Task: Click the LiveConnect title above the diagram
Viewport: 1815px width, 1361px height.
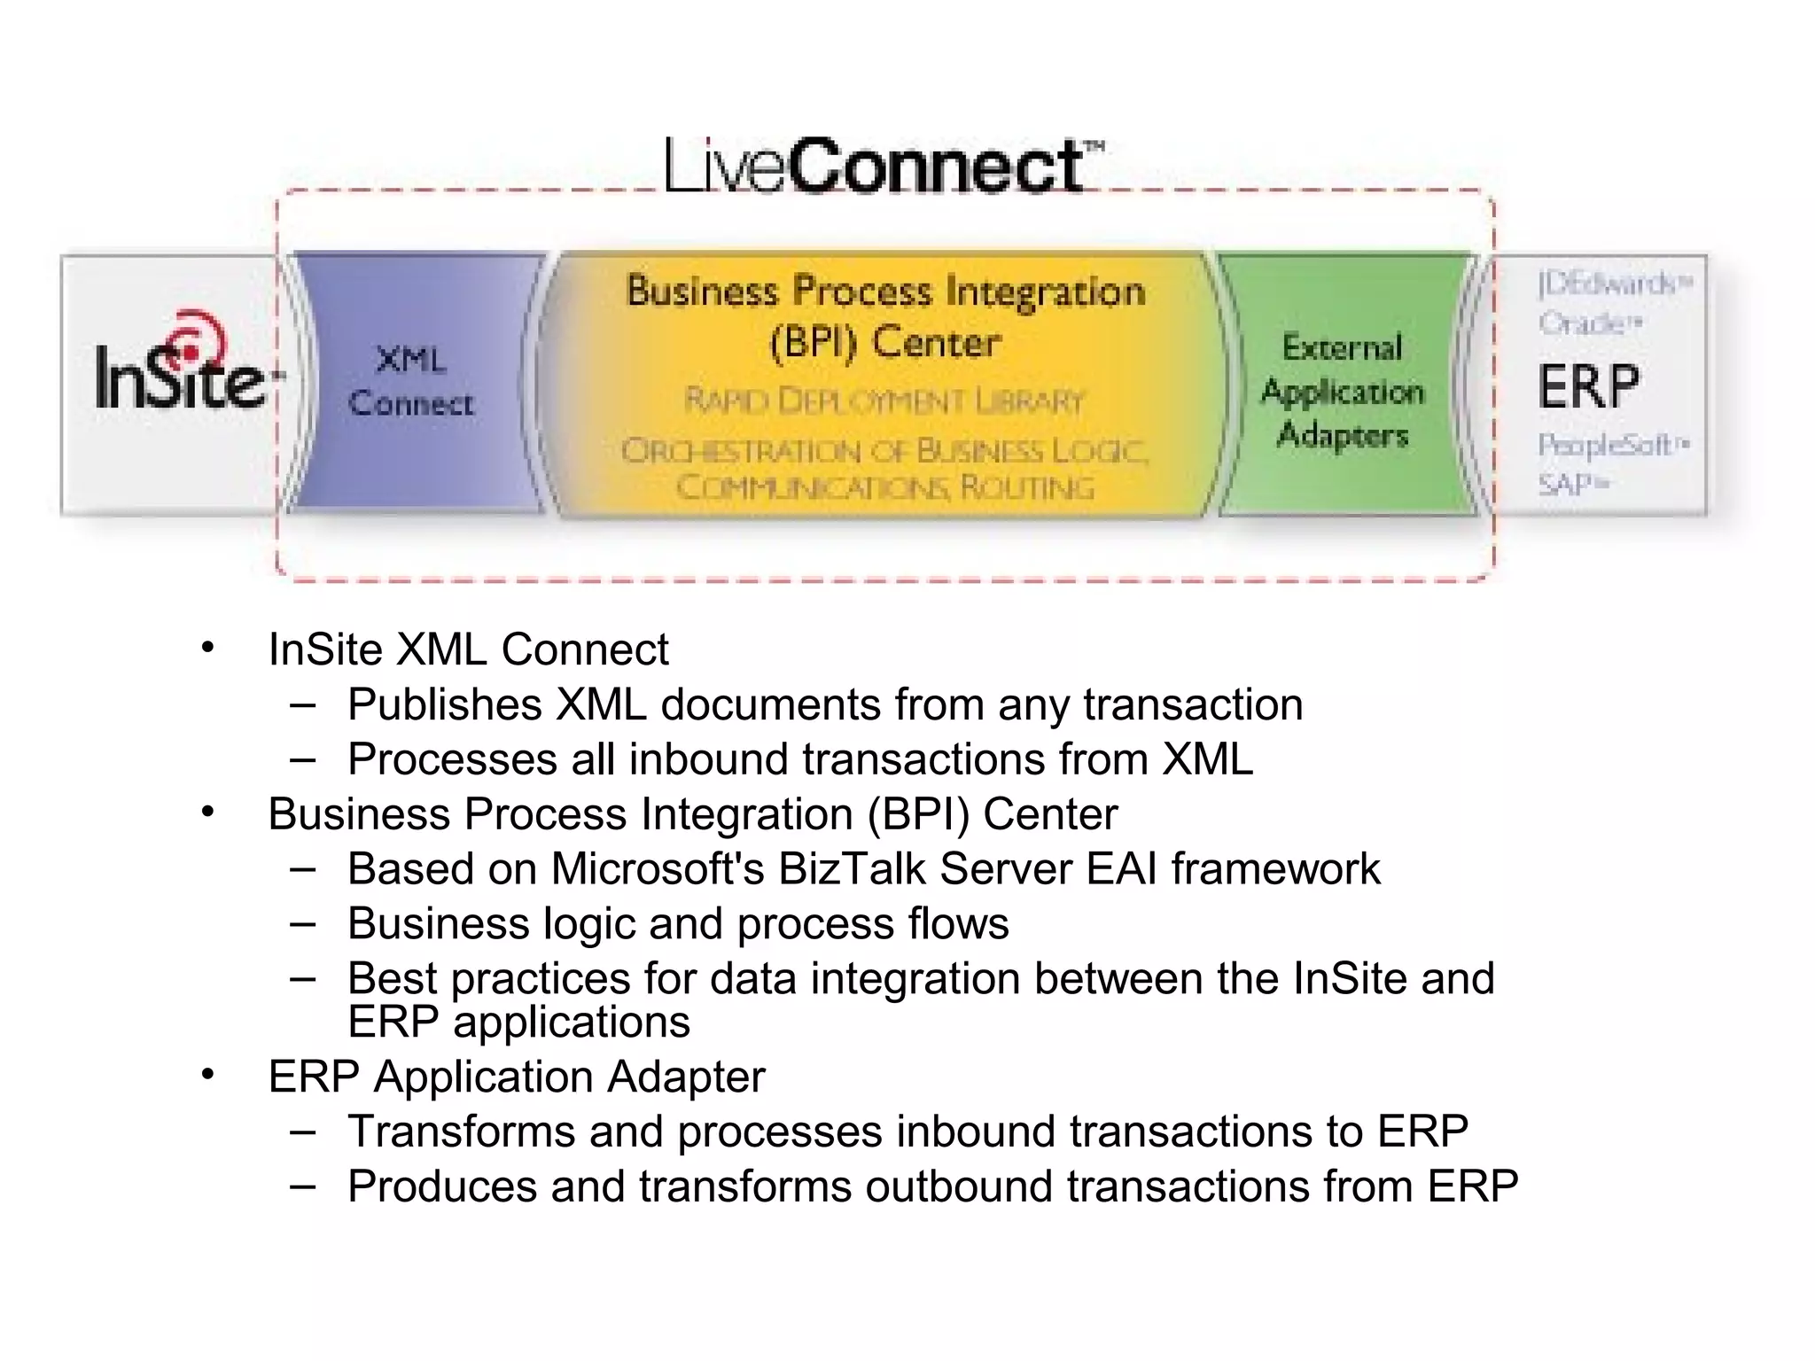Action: click(883, 166)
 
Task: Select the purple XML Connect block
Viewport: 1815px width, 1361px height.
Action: click(412, 382)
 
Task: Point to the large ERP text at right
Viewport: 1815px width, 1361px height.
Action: click(1588, 386)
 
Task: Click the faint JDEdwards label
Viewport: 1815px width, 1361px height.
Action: click(1613, 284)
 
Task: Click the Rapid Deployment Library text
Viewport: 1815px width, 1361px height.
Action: click(884, 401)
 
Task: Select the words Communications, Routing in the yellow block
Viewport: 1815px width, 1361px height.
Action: click(884, 487)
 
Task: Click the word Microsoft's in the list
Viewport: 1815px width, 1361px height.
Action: click(657, 868)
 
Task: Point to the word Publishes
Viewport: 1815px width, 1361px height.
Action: click(444, 705)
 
